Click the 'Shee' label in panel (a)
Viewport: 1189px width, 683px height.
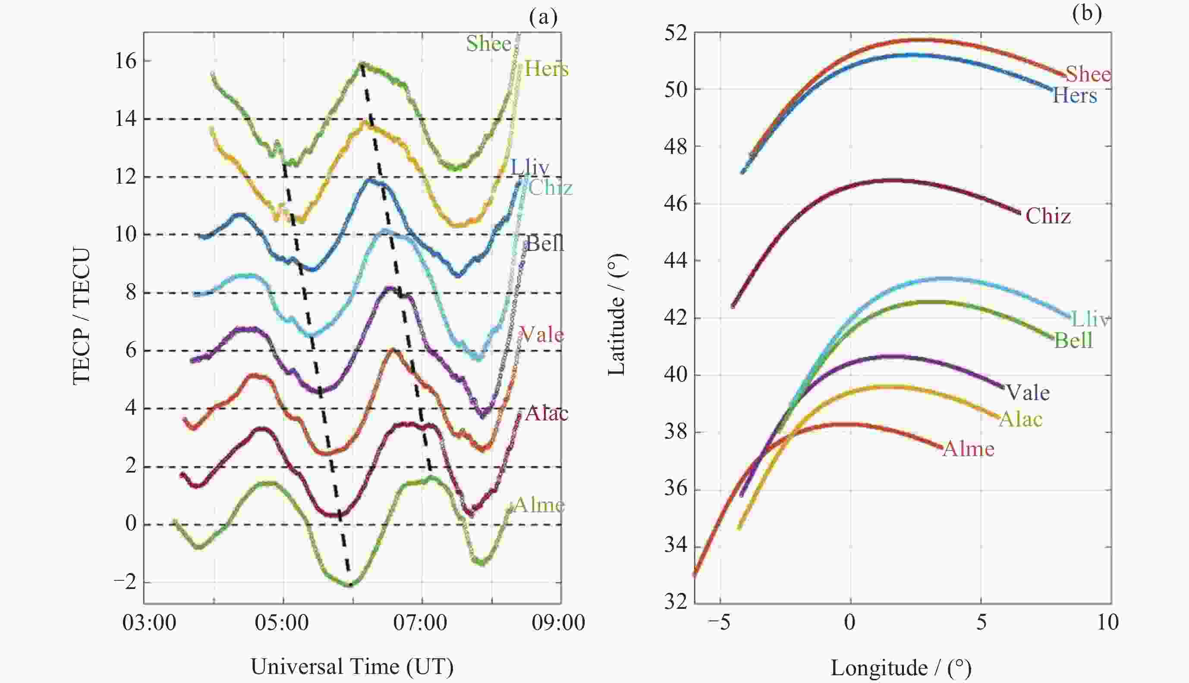tap(488, 44)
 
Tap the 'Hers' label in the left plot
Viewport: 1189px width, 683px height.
tap(546, 69)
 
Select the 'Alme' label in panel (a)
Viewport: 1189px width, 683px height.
tap(539, 505)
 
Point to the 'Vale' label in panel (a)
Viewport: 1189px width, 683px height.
tap(542, 335)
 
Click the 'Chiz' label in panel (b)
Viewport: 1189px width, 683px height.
tap(1048, 216)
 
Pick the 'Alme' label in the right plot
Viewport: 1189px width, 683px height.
tap(969, 449)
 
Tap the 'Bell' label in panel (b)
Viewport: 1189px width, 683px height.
tap(1073, 340)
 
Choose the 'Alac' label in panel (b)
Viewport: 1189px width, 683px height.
tap(1021, 419)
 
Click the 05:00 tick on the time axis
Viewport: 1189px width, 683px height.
tap(282, 623)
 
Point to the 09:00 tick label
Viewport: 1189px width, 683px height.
tap(558, 623)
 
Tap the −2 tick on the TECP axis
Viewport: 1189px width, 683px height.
tap(124, 582)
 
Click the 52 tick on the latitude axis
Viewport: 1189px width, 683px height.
tap(675, 34)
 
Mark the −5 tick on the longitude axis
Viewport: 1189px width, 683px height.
tap(719, 623)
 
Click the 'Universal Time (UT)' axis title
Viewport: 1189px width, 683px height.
tap(352, 667)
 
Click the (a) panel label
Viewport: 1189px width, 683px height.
tap(543, 17)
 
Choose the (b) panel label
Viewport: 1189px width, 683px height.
tap(1087, 13)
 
